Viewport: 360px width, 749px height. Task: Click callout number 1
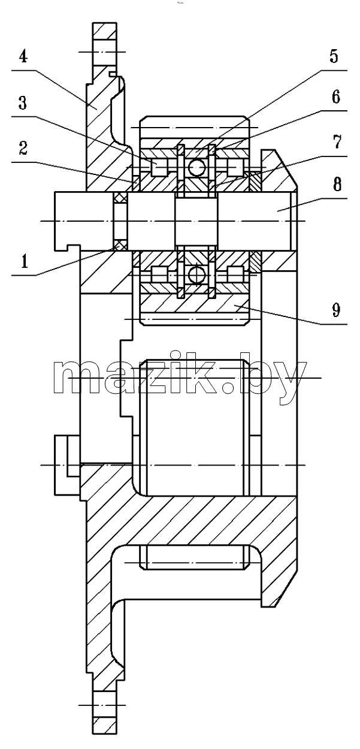(x=24, y=261)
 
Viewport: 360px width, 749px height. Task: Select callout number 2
(x=23, y=148)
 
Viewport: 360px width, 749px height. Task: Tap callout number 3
(x=22, y=102)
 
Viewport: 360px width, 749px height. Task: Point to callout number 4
(x=23, y=57)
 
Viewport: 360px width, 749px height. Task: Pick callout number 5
(x=334, y=56)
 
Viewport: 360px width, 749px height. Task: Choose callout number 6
(x=335, y=97)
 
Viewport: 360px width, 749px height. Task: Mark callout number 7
(x=337, y=142)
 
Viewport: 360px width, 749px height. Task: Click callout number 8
(x=337, y=184)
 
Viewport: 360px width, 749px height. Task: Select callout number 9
(x=336, y=309)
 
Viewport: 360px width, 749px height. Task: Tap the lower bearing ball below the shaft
(x=196, y=275)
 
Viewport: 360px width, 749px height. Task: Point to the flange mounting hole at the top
(x=105, y=52)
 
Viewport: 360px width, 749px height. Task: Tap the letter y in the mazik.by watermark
(x=291, y=384)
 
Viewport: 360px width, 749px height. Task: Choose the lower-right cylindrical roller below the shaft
(x=235, y=275)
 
